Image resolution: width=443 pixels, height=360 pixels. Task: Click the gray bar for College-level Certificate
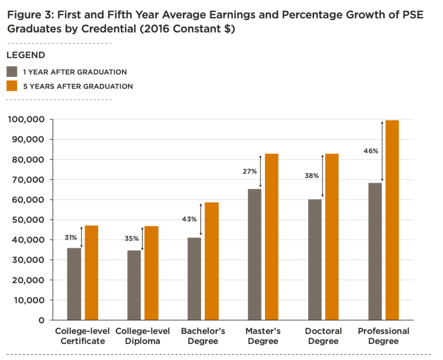pos(74,284)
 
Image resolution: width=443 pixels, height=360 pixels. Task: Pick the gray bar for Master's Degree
pos(254,254)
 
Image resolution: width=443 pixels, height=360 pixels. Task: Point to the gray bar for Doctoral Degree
pos(315,260)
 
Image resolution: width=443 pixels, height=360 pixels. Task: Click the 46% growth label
pos(370,151)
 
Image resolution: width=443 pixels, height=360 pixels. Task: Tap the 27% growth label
pos(250,171)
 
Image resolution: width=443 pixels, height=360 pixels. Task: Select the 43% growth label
pos(189,219)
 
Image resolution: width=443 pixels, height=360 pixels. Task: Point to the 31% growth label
pos(72,238)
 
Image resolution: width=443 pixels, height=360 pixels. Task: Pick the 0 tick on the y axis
pos(41,320)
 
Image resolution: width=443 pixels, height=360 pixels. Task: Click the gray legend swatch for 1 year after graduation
pos(11,72)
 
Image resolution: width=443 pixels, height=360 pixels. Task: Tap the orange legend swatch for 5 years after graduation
pos(11,86)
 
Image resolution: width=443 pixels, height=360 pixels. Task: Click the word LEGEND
pos(25,55)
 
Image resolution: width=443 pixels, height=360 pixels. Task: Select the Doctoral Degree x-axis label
pos(322,336)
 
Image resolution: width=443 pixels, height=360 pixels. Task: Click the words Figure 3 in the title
pos(30,14)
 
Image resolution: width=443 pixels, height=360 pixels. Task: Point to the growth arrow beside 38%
pos(322,176)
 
